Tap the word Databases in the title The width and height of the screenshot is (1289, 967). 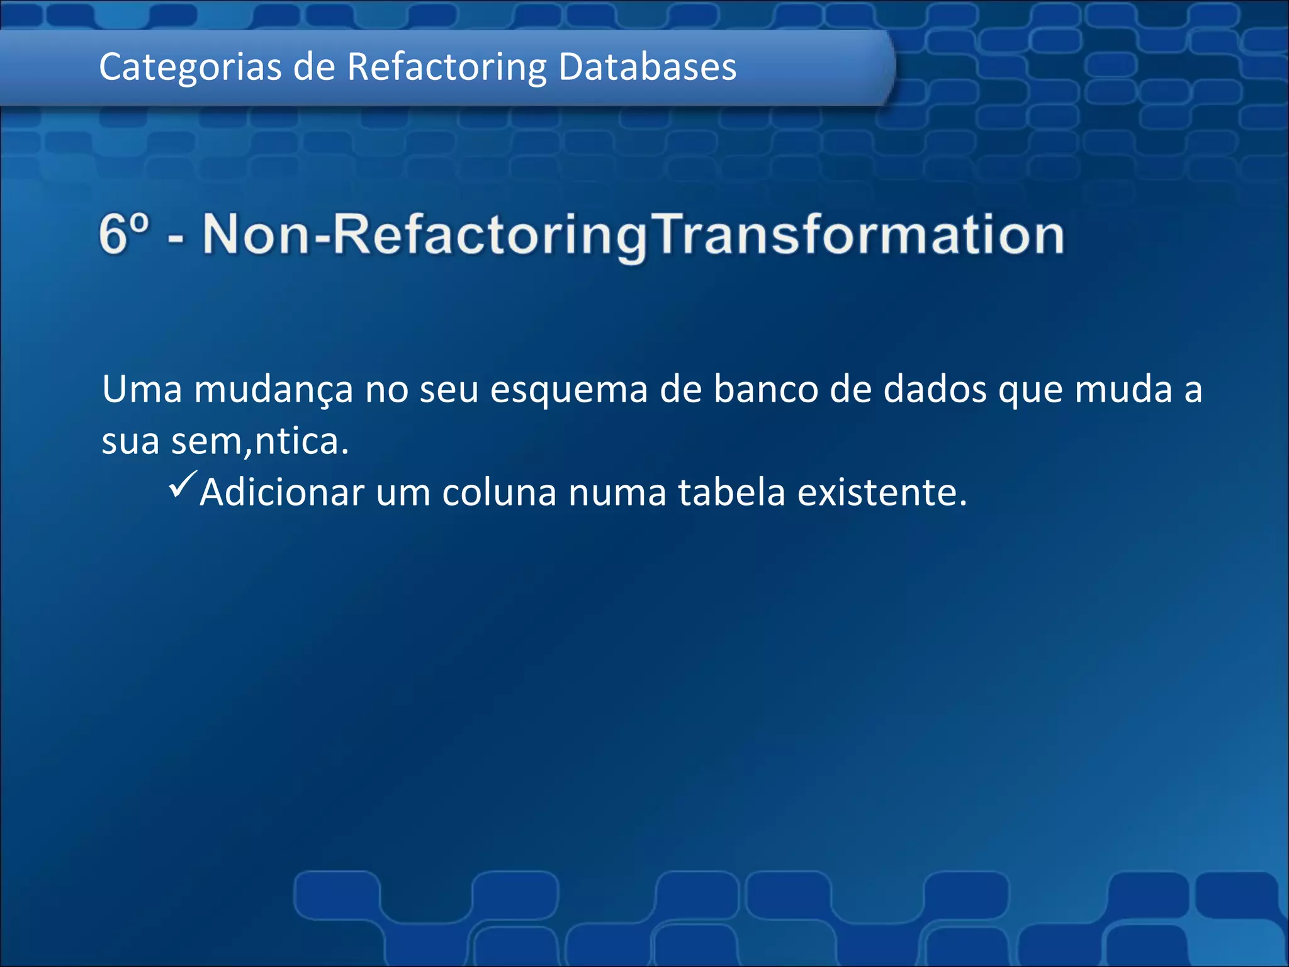click(x=647, y=67)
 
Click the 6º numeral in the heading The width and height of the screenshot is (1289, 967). click(x=125, y=234)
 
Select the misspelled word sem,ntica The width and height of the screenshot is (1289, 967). click(x=260, y=441)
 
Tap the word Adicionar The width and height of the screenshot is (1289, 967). click(x=282, y=492)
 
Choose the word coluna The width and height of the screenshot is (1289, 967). click(x=499, y=492)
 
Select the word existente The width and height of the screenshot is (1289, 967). click(x=882, y=492)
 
